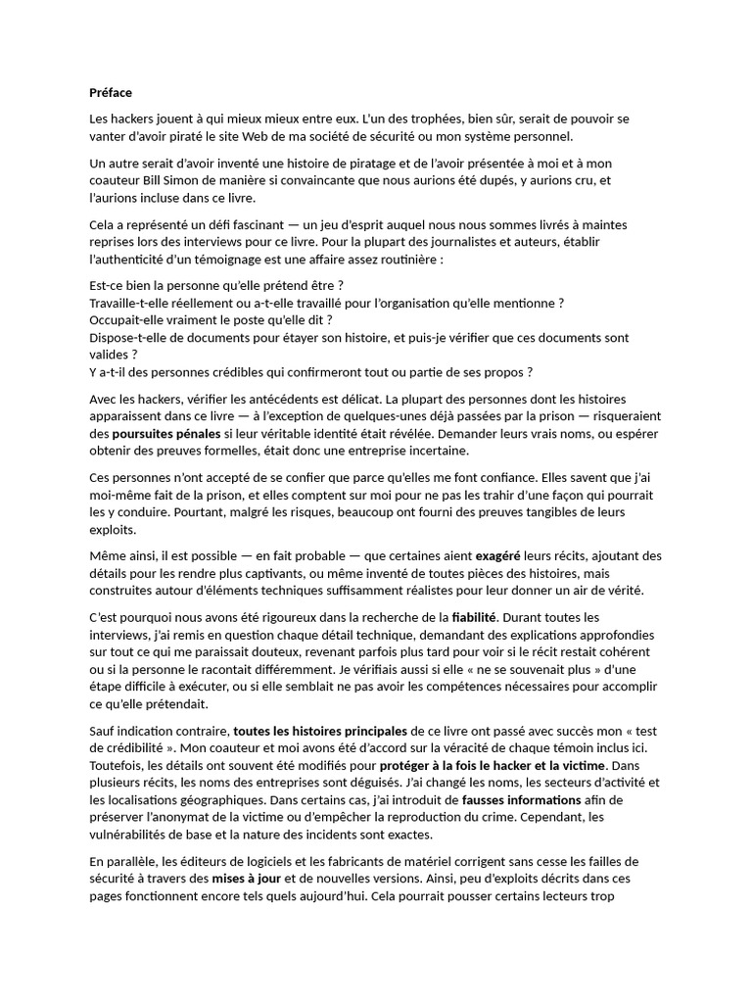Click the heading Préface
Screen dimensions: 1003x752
pos(110,93)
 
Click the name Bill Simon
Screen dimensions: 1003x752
pos(176,181)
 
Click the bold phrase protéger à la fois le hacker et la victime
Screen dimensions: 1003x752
pos(493,764)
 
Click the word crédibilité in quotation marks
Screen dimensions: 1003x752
pos(127,748)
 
